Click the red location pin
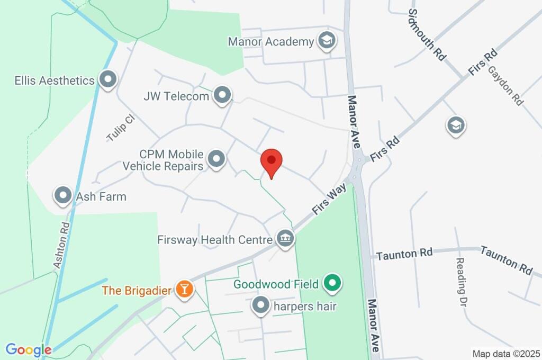tap(272, 161)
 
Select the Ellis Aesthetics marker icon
tap(109, 80)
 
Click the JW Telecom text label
tap(176, 96)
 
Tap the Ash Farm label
tap(101, 196)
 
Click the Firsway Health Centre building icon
tap(285, 239)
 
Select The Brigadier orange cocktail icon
tap(185, 290)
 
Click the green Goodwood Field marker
tap(332, 284)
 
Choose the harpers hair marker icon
tap(260, 306)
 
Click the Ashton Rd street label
tap(62, 244)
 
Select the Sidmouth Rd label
tap(426, 34)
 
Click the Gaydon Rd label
tap(505, 85)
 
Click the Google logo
tap(28, 350)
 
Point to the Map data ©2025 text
tap(505, 354)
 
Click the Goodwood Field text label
tap(276, 284)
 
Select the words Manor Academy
tap(270, 41)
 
